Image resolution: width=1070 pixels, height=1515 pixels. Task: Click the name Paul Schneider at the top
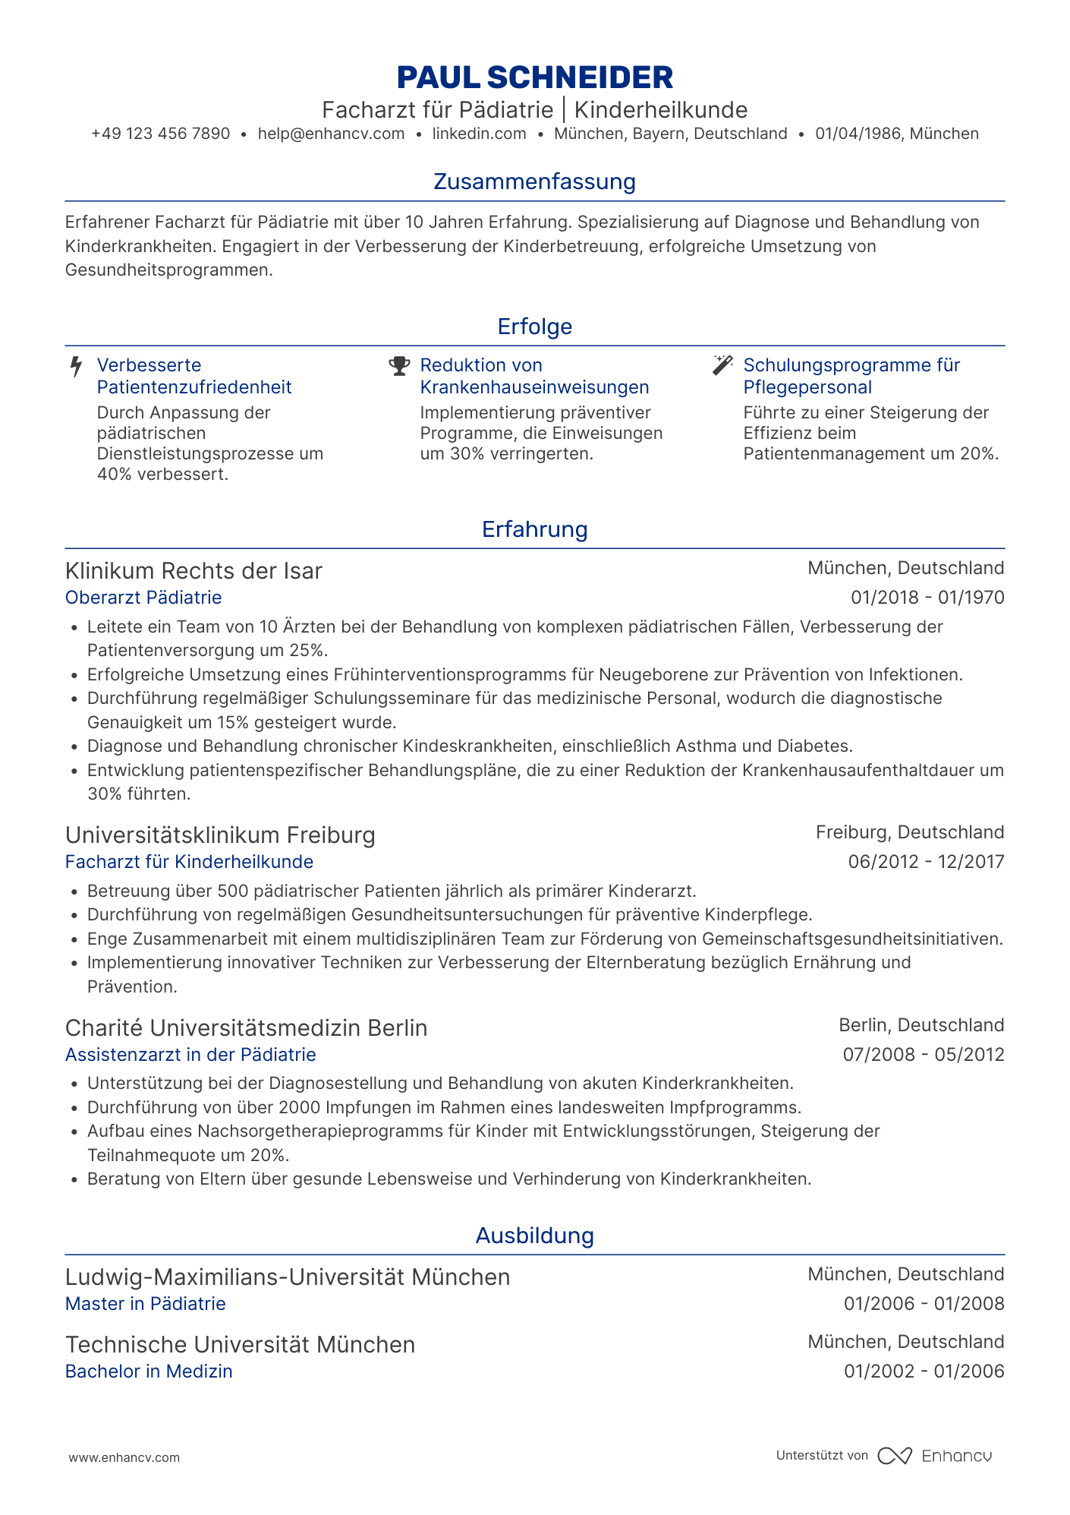click(534, 77)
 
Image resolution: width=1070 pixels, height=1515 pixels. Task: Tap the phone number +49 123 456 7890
click(160, 134)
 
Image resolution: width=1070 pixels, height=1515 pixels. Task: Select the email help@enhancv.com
click(331, 134)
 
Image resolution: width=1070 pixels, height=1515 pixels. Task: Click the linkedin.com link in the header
click(479, 134)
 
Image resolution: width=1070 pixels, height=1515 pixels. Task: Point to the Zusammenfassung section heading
click(534, 181)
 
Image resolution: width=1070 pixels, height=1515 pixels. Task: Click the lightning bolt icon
click(76, 367)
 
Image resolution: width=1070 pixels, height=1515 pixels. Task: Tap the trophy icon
click(399, 366)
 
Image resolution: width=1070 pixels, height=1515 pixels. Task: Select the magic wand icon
click(722, 365)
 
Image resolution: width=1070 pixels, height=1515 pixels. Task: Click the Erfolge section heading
click(534, 327)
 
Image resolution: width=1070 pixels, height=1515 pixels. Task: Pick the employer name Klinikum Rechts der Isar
click(194, 571)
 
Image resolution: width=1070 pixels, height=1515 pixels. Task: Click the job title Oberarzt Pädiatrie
click(143, 598)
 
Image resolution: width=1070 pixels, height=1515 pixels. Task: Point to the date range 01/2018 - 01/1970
click(927, 598)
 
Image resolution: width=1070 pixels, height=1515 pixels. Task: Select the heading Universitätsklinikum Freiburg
click(220, 835)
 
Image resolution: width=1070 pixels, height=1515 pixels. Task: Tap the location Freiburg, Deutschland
click(910, 832)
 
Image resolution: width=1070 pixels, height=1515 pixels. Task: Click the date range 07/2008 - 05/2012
click(924, 1055)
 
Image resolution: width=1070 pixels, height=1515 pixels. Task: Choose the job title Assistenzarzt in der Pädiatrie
click(190, 1055)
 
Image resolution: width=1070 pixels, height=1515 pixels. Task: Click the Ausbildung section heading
click(534, 1236)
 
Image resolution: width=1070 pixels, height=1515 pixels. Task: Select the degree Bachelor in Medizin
click(149, 1371)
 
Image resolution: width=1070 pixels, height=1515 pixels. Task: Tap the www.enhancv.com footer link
click(124, 1457)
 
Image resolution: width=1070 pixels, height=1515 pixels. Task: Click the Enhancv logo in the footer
click(934, 1456)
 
